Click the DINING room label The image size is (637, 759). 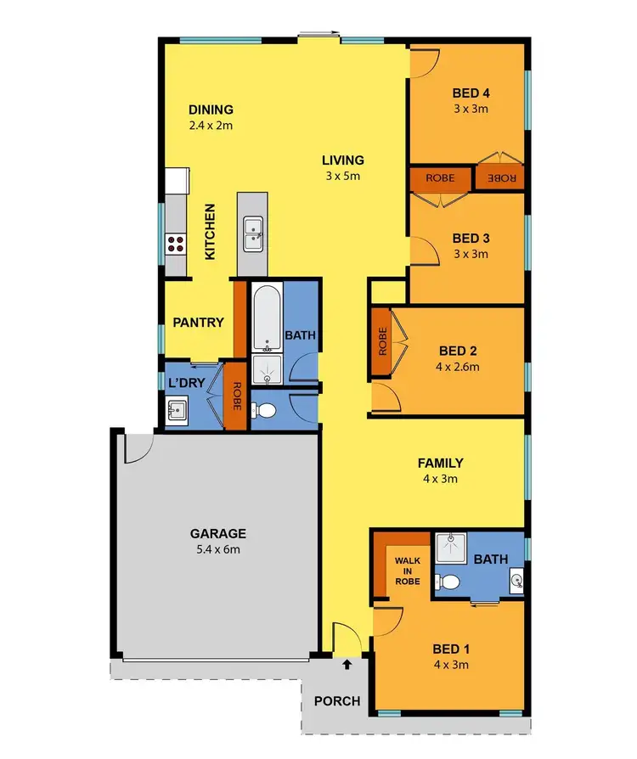(211, 110)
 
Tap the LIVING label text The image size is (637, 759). (342, 160)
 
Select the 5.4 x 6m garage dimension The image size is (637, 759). (218, 549)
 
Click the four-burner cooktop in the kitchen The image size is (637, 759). (176, 245)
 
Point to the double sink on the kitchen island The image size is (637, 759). (252, 234)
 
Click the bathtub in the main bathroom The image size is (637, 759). (267, 318)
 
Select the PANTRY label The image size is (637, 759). (198, 323)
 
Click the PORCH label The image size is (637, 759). (336, 701)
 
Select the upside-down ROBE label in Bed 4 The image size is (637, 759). (501, 178)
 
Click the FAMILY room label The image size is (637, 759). (440, 463)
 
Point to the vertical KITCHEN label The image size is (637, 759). (210, 231)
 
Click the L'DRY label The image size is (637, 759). (186, 383)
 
